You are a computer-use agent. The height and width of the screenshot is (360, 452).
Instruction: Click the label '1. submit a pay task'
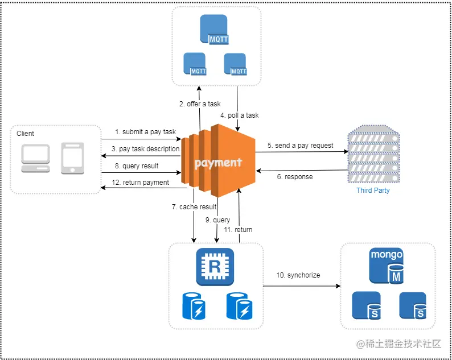(x=145, y=132)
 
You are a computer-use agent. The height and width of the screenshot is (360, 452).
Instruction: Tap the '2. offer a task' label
(x=200, y=104)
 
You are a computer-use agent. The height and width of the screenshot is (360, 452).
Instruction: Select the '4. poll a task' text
(x=240, y=115)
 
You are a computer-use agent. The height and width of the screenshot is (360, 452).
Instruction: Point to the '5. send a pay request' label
(x=301, y=146)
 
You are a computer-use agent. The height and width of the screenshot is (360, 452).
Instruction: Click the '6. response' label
(x=295, y=176)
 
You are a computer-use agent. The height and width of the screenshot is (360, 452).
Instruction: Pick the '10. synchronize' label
(x=298, y=275)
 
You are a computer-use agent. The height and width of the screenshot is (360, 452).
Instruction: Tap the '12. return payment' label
(x=141, y=183)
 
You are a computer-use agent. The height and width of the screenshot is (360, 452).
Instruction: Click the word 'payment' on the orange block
(x=218, y=163)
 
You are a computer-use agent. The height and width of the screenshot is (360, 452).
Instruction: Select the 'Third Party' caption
(x=373, y=191)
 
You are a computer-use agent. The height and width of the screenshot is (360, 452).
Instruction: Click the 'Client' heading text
(x=25, y=133)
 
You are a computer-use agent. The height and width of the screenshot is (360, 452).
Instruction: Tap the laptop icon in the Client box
(x=35, y=158)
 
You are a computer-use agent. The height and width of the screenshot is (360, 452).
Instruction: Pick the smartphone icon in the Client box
(x=72, y=158)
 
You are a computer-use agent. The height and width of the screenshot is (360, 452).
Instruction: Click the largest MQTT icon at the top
(x=214, y=30)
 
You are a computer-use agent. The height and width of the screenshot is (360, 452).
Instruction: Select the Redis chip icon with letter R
(x=215, y=267)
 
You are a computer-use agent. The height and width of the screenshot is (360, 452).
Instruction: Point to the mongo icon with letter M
(x=387, y=266)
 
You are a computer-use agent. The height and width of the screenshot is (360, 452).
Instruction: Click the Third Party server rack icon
(x=373, y=154)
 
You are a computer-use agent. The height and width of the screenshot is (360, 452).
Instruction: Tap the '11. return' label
(x=238, y=230)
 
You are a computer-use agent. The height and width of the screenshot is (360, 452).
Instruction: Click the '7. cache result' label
(x=194, y=207)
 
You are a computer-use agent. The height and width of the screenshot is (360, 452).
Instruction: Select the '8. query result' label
(x=137, y=166)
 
